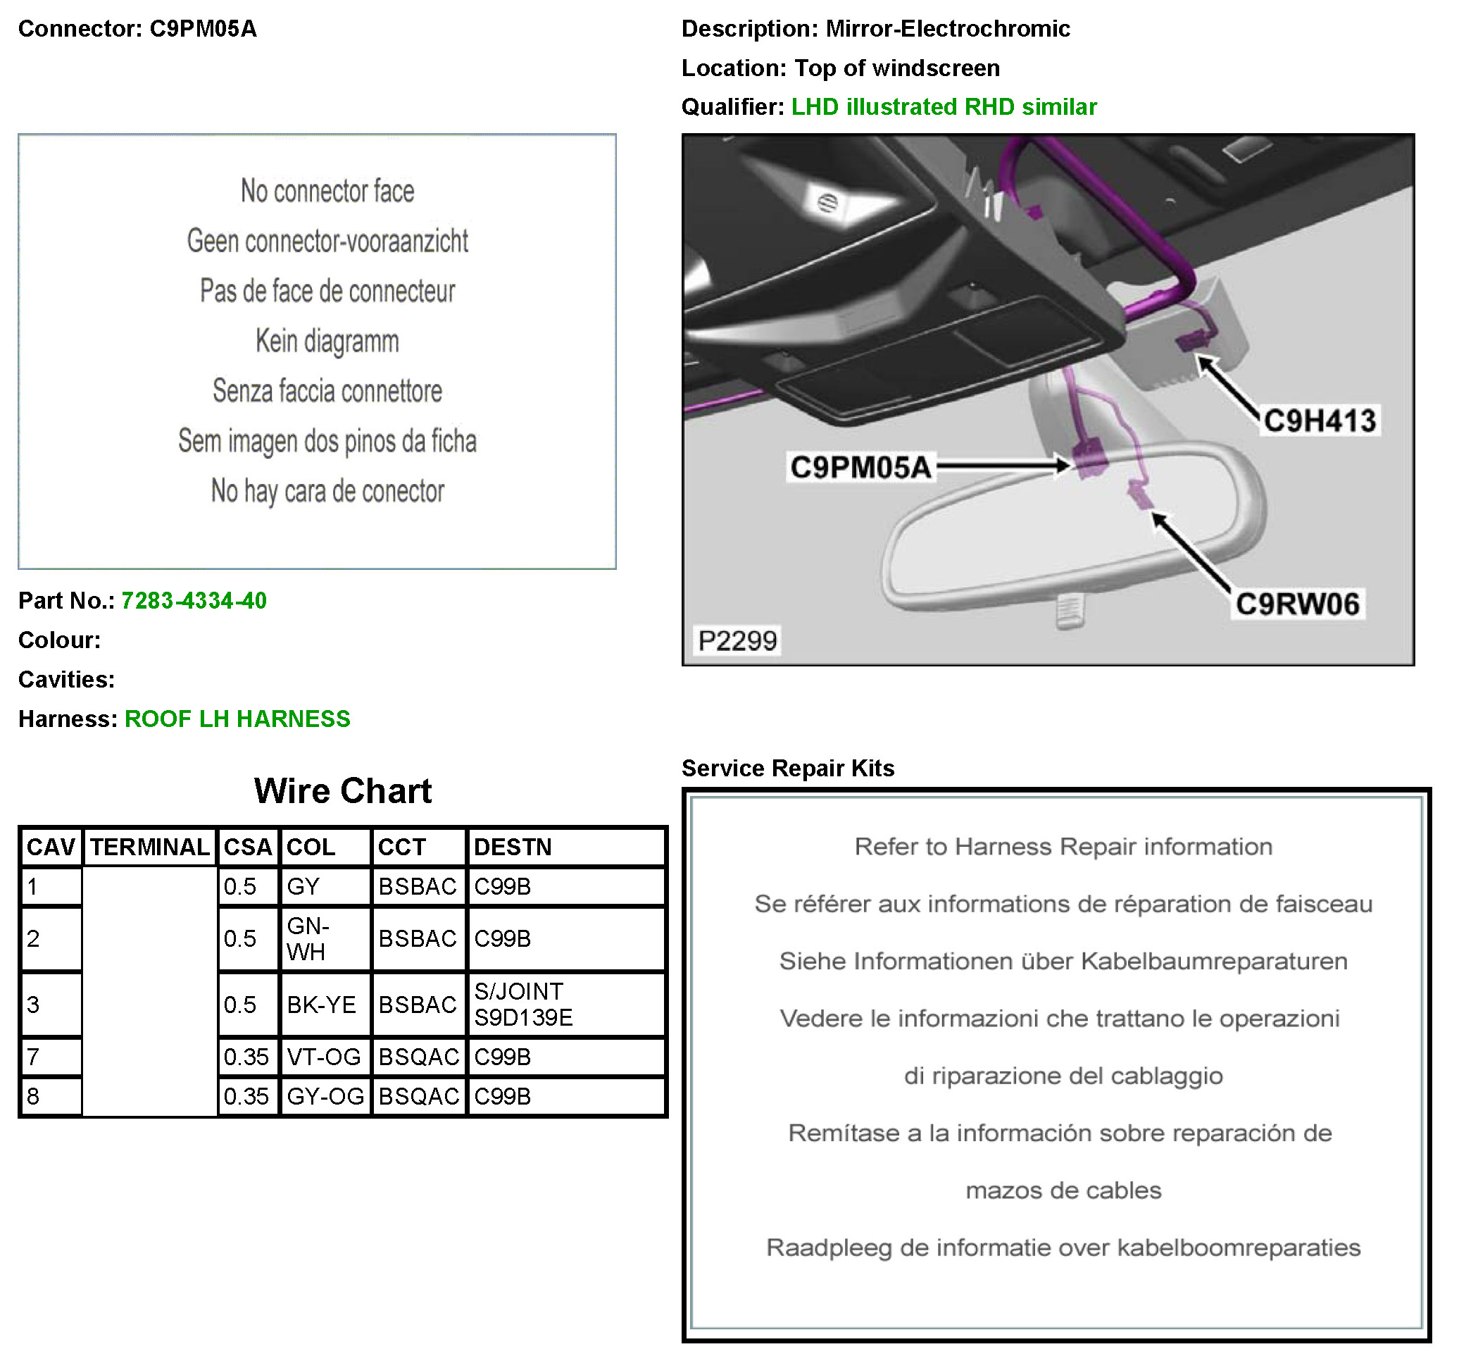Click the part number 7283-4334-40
coord(194,600)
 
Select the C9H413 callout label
coord(1319,421)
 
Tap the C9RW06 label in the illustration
coord(1297,604)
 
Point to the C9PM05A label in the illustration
coord(860,467)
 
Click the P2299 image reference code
coord(737,641)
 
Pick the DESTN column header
coord(512,847)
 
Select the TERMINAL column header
coord(150,847)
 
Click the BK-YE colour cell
coord(322,1005)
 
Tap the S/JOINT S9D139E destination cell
coord(522,1005)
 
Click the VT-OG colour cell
coord(324,1057)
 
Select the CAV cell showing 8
coord(34,1096)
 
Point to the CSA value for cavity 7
coord(246,1057)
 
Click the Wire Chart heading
coord(343,790)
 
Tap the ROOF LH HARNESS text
coord(237,719)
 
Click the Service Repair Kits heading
coord(787,768)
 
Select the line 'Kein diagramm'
coord(327,342)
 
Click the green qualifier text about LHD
coord(943,107)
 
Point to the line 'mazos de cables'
coord(1063,1190)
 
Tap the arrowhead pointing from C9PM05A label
coord(1063,466)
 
